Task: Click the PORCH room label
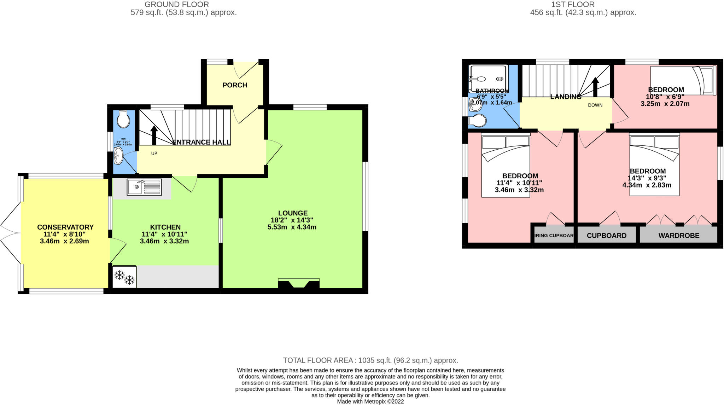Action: tap(235, 85)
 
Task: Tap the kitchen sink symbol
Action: tap(144, 187)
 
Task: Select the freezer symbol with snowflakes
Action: tap(124, 277)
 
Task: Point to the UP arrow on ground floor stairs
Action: tap(154, 135)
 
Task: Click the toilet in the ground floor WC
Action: tap(123, 120)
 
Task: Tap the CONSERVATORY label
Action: tap(65, 227)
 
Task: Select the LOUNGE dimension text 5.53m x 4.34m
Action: tap(292, 227)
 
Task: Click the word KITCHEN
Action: tap(165, 227)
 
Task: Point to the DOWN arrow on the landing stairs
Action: tap(595, 87)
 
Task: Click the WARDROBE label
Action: tap(679, 236)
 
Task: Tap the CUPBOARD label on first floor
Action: tap(606, 236)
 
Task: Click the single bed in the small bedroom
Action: tap(683, 81)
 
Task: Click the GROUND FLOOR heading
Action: tap(176, 5)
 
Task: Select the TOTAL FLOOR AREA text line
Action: tap(370, 360)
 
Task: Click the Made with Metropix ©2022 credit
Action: tap(370, 401)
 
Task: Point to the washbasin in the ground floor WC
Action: tap(118, 156)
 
